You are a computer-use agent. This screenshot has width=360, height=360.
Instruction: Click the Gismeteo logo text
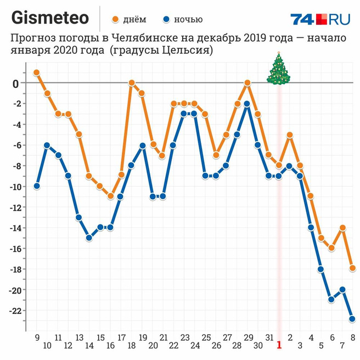(50, 18)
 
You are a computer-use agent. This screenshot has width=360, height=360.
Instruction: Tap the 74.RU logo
(320, 19)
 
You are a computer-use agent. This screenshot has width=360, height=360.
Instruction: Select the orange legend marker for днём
(115, 20)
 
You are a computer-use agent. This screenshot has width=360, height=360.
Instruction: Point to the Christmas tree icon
(279, 68)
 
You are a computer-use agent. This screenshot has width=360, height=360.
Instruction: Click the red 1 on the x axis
(279, 345)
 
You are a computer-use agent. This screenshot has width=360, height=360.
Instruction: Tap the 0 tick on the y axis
(16, 83)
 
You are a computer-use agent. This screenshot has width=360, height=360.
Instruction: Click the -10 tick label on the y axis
(13, 187)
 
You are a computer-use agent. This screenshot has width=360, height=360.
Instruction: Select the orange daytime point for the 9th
(37, 72)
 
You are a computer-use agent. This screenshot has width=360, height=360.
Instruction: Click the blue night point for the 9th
(37, 186)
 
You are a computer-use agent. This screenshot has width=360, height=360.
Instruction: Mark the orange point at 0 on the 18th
(132, 83)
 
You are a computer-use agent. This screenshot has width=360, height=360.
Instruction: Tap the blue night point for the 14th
(89, 238)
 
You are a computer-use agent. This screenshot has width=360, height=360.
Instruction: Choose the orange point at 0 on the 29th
(248, 83)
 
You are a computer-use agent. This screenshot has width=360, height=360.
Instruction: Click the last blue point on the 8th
(352, 319)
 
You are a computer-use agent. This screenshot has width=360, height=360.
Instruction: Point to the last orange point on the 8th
(352, 268)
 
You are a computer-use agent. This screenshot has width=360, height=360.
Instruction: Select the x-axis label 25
(206, 337)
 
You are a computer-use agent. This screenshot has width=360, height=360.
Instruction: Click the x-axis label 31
(268, 337)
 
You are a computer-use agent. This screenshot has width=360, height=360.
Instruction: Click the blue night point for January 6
(331, 300)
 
